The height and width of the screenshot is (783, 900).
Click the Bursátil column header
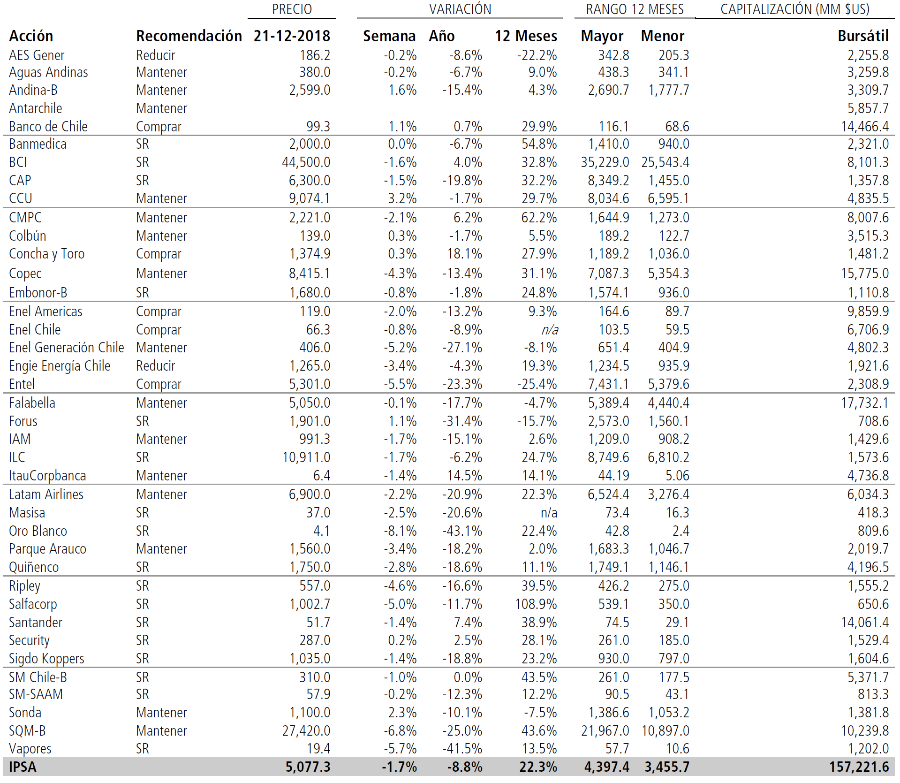point(863,36)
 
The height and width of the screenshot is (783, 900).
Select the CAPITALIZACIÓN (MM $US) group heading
point(795,9)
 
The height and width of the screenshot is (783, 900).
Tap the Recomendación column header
point(189,36)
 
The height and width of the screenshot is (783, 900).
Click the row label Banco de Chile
point(48,127)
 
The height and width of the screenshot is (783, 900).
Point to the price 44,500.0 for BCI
point(306,162)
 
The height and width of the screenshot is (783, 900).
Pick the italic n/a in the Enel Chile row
point(550,330)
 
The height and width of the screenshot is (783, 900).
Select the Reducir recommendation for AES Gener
point(155,55)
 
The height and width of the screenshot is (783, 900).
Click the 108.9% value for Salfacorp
point(536,604)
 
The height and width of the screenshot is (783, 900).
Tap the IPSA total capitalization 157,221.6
point(859,767)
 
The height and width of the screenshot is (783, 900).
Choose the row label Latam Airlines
point(46,494)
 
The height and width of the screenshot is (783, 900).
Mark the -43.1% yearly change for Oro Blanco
point(462,531)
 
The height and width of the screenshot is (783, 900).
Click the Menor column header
point(662,36)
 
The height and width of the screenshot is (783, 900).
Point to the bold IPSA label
point(23,767)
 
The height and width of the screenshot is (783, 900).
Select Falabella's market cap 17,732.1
point(864,403)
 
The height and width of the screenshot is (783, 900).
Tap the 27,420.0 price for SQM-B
point(306,731)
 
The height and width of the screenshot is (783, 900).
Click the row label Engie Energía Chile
point(60,366)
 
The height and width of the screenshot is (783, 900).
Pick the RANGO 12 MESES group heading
point(635,9)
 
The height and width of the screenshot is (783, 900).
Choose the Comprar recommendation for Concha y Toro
point(159,254)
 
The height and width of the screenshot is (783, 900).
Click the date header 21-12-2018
point(292,36)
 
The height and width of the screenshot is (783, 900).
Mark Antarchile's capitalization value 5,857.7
point(868,108)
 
